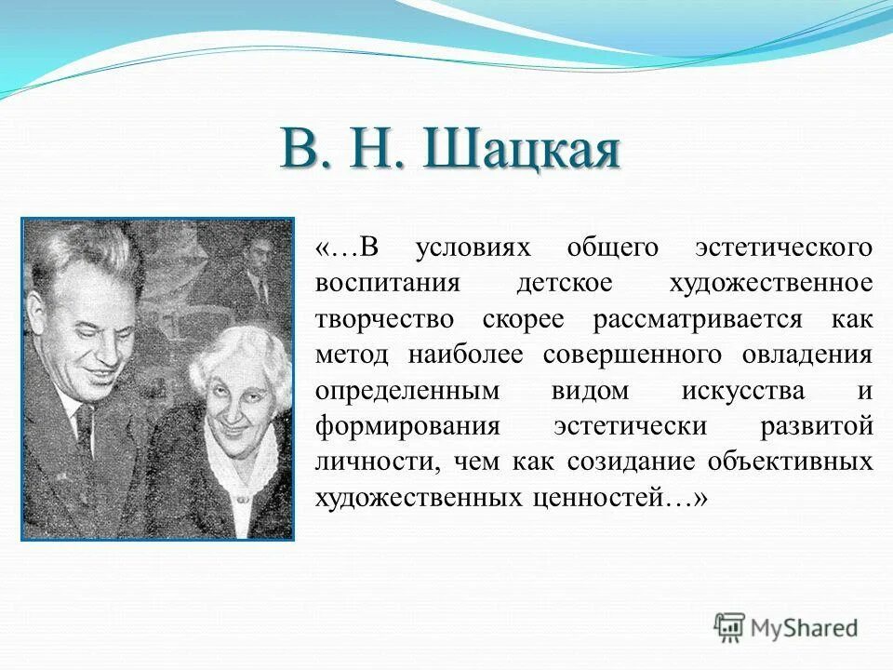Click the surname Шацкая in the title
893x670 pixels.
click(521, 150)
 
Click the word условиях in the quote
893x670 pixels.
click(472, 248)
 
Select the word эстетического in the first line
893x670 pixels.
click(784, 248)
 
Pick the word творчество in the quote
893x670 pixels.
click(385, 319)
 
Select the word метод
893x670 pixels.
click(354, 355)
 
